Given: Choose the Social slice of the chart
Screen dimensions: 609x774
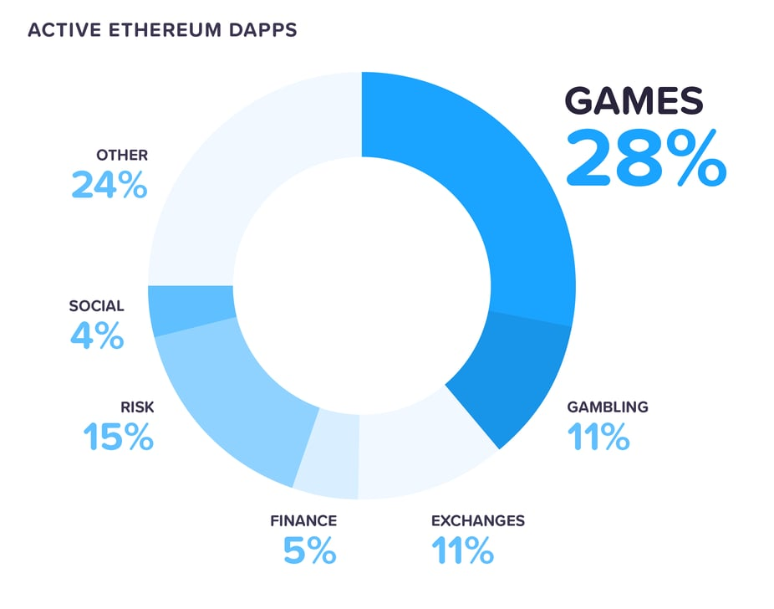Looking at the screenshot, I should pos(191,309).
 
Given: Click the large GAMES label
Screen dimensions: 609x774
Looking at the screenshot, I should pos(633,101).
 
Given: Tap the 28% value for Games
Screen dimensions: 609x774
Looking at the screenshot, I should pos(645,156).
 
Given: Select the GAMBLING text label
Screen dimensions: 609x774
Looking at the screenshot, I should pos(607,407).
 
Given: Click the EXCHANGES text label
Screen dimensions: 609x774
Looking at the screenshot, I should pos(477,520).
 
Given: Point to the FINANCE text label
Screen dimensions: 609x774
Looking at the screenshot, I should pos(303,520).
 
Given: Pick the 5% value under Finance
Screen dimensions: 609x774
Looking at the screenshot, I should pos(309,550).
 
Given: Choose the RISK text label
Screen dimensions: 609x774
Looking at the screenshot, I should pos(137,407).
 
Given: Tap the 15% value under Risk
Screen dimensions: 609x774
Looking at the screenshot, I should pos(118,437).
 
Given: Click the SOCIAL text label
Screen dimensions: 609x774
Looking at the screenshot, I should pos(96,306).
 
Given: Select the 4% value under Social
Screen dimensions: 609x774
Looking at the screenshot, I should pos(97,336).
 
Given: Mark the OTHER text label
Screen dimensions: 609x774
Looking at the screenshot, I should pos(122,155).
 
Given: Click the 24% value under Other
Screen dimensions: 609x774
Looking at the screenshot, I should pos(109,185).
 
